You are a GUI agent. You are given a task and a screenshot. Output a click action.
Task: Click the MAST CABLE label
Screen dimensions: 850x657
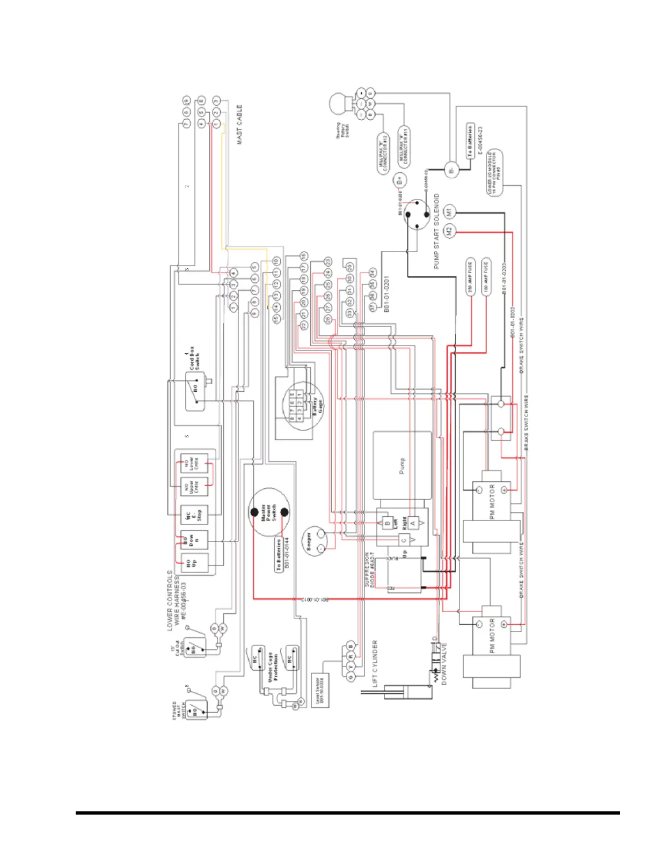tap(239, 124)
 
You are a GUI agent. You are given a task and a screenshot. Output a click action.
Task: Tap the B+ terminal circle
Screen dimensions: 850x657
tap(400, 180)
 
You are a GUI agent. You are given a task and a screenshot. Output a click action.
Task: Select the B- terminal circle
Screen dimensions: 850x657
tap(451, 170)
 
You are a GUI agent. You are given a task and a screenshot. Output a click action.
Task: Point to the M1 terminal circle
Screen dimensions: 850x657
tap(450, 211)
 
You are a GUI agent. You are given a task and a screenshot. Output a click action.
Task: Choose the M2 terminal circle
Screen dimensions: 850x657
tap(450, 231)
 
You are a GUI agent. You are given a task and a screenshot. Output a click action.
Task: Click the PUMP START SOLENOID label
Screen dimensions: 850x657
tap(436, 231)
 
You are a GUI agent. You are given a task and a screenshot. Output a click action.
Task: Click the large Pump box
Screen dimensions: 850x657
tap(402, 465)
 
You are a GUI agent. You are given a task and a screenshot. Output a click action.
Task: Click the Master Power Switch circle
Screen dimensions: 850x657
tap(269, 512)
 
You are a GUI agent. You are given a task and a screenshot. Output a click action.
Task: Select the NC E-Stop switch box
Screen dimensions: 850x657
tap(193, 515)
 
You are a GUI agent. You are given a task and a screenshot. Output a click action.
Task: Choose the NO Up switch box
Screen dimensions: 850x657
tap(193, 563)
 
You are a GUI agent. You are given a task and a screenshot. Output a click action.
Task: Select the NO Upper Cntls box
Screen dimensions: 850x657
tap(193, 486)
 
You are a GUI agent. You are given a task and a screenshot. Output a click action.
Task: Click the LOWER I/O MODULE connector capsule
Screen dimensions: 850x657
tap(494, 173)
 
